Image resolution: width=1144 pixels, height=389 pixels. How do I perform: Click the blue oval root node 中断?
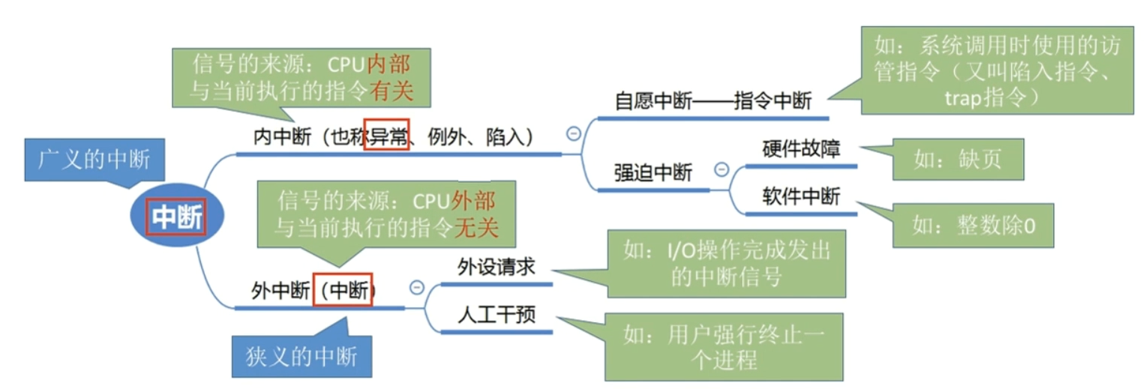pyautogui.click(x=177, y=217)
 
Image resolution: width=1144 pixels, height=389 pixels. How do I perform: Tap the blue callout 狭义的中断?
pyautogui.click(x=302, y=355)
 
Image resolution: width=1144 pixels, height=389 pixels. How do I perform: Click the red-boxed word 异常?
pyautogui.click(x=386, y=136)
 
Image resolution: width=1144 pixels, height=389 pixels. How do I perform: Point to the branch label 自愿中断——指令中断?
pyautogui.click(x=713, y=101)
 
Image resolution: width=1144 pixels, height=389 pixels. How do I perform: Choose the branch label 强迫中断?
pyautogui.click(x=653, y=172)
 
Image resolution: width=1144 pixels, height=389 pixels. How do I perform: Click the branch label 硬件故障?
pyautogui.click(x=801, y=148)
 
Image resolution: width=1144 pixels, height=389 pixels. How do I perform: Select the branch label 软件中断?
pyautogui.click(x=801, y=197)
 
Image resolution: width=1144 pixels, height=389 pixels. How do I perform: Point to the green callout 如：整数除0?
pyautogui.click(x=973, y=225)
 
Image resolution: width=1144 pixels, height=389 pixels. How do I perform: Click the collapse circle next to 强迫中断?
pyautogui.click(x=721, y=169)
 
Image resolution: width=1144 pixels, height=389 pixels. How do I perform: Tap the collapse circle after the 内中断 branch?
pyautogui.click(x=573, y=133)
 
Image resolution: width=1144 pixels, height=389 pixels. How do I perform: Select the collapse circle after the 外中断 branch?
pyautogui.click(x=416, y=287)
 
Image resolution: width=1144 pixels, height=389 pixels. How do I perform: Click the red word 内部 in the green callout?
pyautogui.click(x=388, y=62)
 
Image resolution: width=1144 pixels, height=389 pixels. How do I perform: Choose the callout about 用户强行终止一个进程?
pyautogui.click(x=724, y=346)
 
